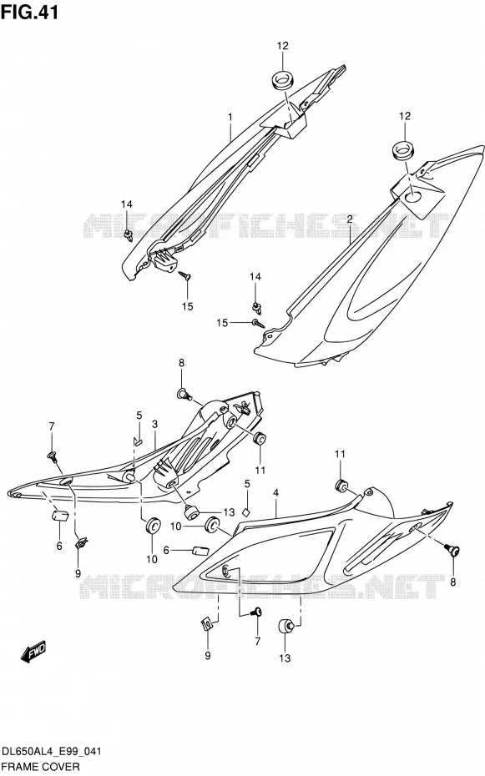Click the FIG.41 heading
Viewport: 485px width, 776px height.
(x=30, y=12)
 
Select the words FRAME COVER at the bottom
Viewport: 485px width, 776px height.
(x=41, y=767)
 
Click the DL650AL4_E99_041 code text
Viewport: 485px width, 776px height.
(x=52, y=752)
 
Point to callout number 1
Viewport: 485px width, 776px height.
(x=230, y=117)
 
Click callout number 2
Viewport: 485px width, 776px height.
(x=350, y=219)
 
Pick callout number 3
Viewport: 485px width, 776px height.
(x=155, y=424)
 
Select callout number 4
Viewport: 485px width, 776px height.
(x=275, y=493)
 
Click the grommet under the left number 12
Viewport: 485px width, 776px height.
(x=283, y=80)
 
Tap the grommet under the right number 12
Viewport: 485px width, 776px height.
(x=405, y=150)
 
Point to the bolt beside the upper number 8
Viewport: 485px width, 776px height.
(x=184, y=394)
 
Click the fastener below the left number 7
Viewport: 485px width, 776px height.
(x=52, y=456)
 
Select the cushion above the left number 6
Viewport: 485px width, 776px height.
(x=60, y=515)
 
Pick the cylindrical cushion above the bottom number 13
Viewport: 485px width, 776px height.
(x=285, y=627)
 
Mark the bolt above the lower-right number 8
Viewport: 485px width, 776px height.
(x=451, y=549)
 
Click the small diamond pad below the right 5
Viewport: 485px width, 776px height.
(x=245, y=511)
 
